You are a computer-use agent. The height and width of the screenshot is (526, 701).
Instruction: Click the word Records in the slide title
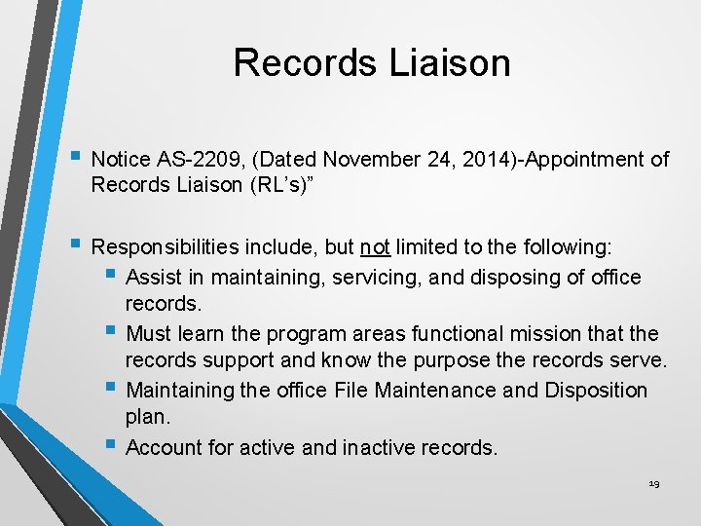303,62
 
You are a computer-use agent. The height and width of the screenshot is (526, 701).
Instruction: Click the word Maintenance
438,390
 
